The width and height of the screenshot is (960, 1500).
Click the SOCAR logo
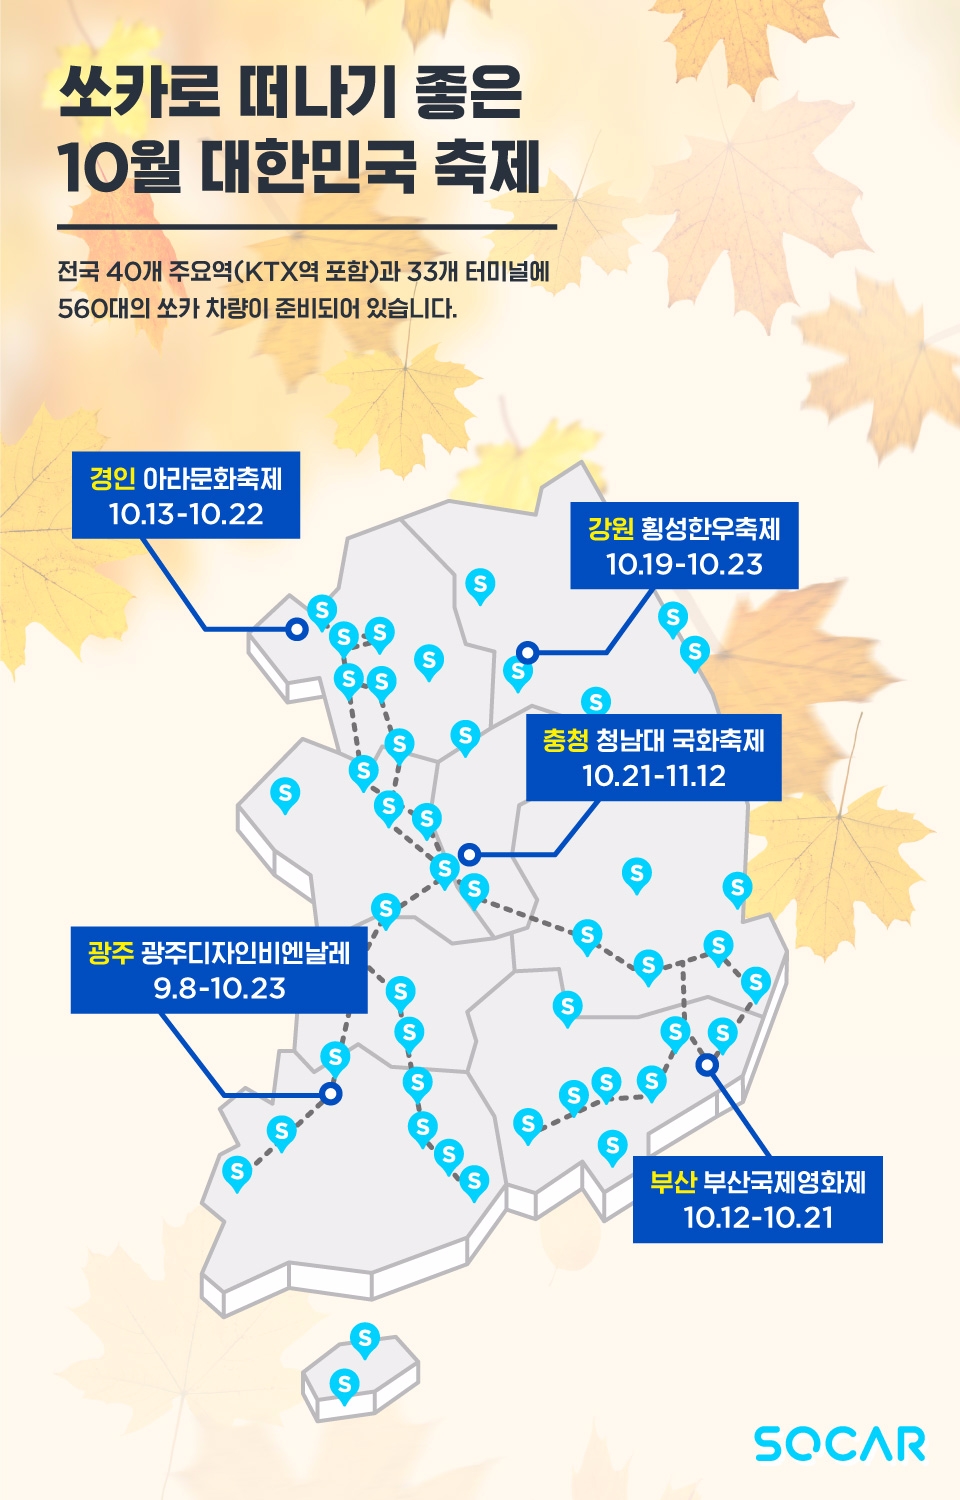pos(840,1444)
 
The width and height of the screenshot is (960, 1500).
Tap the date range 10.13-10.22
pos(186,515)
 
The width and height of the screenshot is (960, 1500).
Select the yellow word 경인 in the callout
pos(112,479)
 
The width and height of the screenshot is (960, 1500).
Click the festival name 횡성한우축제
pos(711,529)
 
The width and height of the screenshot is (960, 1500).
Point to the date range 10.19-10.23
pos(684,565)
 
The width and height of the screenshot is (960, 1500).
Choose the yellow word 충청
pos(565,741)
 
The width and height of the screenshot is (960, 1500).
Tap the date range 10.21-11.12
pos(654,776)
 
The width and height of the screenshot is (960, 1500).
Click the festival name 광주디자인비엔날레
pos(246,953)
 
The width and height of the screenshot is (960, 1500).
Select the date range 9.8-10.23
pos(219,989)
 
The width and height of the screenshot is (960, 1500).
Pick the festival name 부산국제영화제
pos(785,1183)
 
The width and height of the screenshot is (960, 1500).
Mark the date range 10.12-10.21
pos(758,1218)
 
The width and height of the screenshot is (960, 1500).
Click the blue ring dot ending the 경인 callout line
pos(296,629)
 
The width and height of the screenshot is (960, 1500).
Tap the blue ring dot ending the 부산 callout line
pos(707,1065)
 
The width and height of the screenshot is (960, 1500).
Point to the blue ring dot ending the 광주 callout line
pos(331,1094)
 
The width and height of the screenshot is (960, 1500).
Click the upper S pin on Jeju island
pos(365,1337)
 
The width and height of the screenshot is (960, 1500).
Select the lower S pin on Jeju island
pos(344,1384)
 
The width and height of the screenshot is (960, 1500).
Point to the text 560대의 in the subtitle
pos(103,309)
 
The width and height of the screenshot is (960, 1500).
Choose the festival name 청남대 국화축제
pos(680,741)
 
